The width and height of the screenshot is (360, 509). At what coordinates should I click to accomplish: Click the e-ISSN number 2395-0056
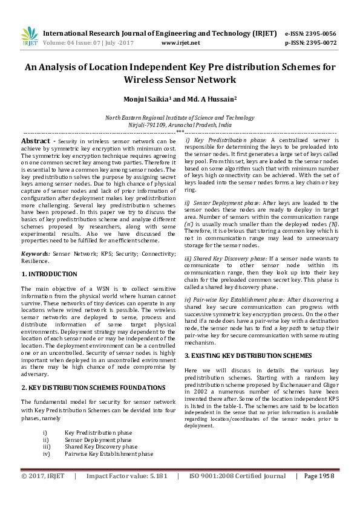pos(320,34)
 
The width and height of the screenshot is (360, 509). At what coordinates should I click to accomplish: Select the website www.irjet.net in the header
pos(181,43)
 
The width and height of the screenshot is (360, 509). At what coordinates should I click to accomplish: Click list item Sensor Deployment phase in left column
pos(106,441)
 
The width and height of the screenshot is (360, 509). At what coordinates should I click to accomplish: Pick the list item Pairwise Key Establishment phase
pos(109,453)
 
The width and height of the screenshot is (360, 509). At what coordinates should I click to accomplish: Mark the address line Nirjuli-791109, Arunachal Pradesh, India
pos(180,124)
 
